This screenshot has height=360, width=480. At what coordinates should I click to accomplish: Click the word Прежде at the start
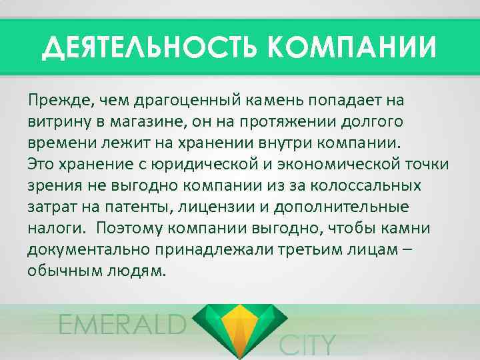(60, 101)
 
